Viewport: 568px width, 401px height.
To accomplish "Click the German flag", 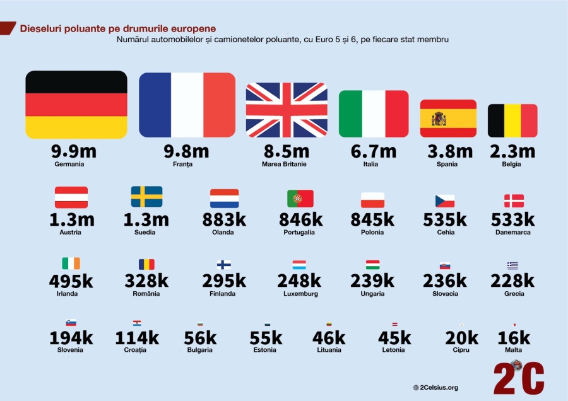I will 76,105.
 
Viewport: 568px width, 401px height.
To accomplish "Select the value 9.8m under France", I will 187,151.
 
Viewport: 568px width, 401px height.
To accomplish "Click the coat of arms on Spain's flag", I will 439,119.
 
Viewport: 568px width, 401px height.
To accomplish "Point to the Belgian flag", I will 512,120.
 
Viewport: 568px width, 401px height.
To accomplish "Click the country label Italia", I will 370,165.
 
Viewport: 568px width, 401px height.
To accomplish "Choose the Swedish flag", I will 146,197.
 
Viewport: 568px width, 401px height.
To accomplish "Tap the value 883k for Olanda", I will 225,219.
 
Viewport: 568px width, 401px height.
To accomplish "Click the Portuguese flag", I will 300,199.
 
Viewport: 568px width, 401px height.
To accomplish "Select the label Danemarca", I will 512,232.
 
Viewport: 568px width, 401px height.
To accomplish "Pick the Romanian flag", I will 146,264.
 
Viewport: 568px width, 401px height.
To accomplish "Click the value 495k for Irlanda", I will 71,281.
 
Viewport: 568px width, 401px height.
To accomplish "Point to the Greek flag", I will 512,265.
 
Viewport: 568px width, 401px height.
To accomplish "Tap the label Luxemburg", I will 300,294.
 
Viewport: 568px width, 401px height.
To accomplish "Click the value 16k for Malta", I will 514,337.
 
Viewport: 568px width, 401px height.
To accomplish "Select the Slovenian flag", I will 71,322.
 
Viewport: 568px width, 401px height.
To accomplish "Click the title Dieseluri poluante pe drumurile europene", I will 118,28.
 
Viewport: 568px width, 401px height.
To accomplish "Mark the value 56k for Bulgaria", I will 200,337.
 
